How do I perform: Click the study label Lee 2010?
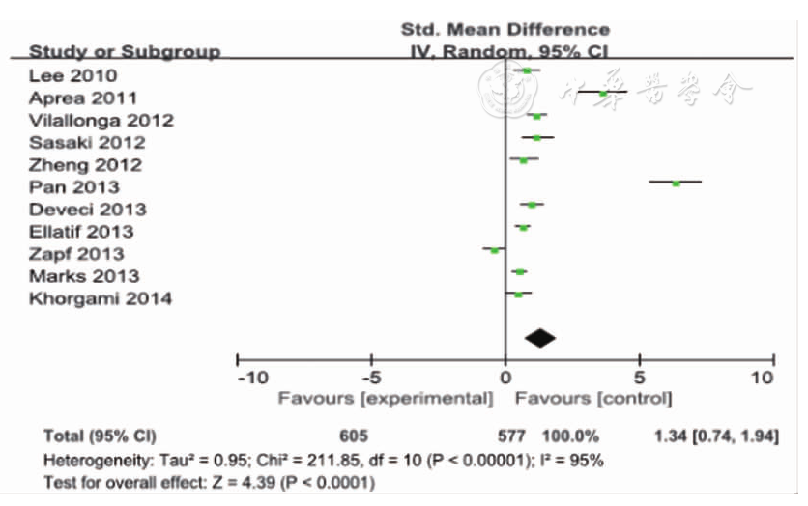coord(73,75)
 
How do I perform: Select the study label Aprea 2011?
coord(82,98)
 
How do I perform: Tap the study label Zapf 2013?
coord(76,254)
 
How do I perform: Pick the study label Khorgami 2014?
coord(101,298)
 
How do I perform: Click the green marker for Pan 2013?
coord(677,182)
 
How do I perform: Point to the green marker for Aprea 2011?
coord(603,93)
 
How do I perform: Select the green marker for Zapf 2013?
coord(495,250)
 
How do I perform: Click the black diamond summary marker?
coord(540,337)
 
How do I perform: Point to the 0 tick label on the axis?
coord(505,377)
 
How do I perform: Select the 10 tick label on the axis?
coord(764,377)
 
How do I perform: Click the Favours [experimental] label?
coord(386,398)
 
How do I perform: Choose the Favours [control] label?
coord(593,398)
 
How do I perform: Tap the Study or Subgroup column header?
coord(125,51)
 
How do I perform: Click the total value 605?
coord(354,436)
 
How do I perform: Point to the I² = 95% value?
coord(572,460)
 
